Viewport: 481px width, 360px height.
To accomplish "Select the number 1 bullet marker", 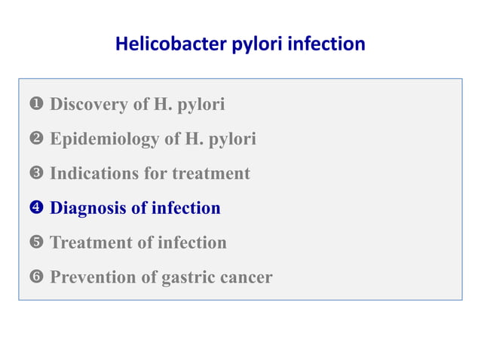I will coord(36,105).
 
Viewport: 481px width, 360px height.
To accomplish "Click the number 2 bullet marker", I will coord(36,139).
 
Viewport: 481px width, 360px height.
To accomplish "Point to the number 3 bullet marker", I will coord(36,174).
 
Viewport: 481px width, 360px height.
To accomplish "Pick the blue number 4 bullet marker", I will coord(36,209).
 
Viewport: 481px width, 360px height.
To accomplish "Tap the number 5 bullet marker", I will coord(36,243).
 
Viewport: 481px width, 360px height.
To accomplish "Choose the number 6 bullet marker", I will coord(36,278).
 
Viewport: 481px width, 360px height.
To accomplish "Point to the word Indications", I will coord(94,174).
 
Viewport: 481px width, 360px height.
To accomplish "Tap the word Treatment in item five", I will coord(90,243).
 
